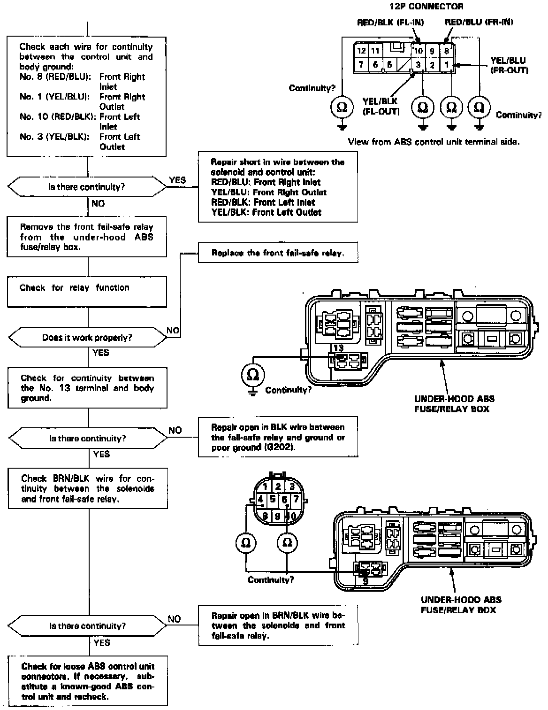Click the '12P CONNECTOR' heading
(x=426, y=7)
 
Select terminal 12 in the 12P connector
(x=361, y=51)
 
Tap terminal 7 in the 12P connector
(x=361, y=64)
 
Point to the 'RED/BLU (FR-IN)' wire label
(x=479, y=22)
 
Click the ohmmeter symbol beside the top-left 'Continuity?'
(x=342, y=108)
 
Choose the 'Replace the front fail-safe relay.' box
(x=278, y=253)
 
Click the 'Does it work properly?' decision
(x=87, y=338)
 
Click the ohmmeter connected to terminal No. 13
(x=253, y=375)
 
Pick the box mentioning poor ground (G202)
(x=278, y=437)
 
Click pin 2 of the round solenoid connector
(x=278, y=486)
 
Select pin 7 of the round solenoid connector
(x=296, y=499)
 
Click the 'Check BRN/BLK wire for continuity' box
(x=88, y=489)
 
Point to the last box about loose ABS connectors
(x=88, y=681)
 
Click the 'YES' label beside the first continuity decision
(x=177, y=180)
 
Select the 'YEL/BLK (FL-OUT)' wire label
(x=381, y=106)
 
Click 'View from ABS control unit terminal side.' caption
(x=434, y=141)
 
